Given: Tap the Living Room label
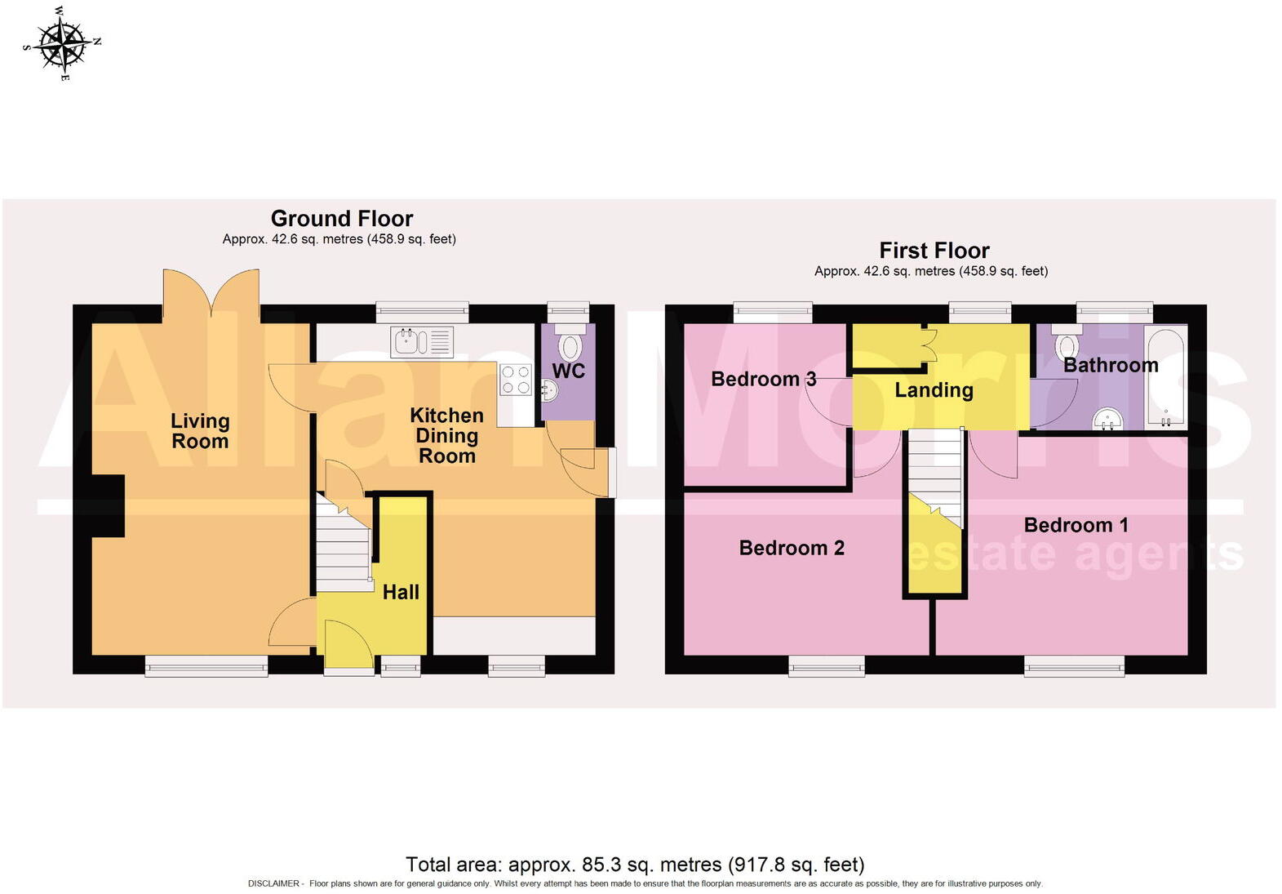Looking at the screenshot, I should point(200,431).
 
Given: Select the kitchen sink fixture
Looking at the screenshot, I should point(422,341).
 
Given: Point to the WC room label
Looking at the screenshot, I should point(569,371).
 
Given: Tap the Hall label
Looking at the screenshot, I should point(401,592).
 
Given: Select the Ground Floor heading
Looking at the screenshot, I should point(342,219).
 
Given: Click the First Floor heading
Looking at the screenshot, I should point(934,251).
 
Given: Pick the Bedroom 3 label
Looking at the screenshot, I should point(763,379).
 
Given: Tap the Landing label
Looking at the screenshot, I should point(934,390).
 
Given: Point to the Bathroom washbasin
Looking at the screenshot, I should point(1109,420).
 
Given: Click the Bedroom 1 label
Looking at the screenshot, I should point(1076,525).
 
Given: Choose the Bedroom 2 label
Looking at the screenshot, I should point(792,548).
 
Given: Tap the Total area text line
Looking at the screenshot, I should point(634,865).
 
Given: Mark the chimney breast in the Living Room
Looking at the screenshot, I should point(108,506).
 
